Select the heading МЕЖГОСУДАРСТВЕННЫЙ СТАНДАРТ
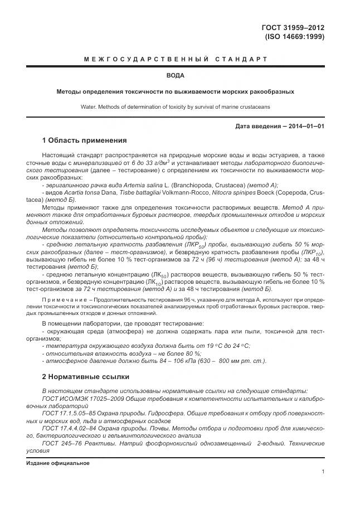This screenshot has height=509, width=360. [176, 59]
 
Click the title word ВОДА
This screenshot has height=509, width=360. [176, 75]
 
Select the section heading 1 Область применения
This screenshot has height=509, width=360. [85, 140]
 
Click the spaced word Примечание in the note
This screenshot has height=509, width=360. [64, 299]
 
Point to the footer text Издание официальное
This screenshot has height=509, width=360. [57, 463]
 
